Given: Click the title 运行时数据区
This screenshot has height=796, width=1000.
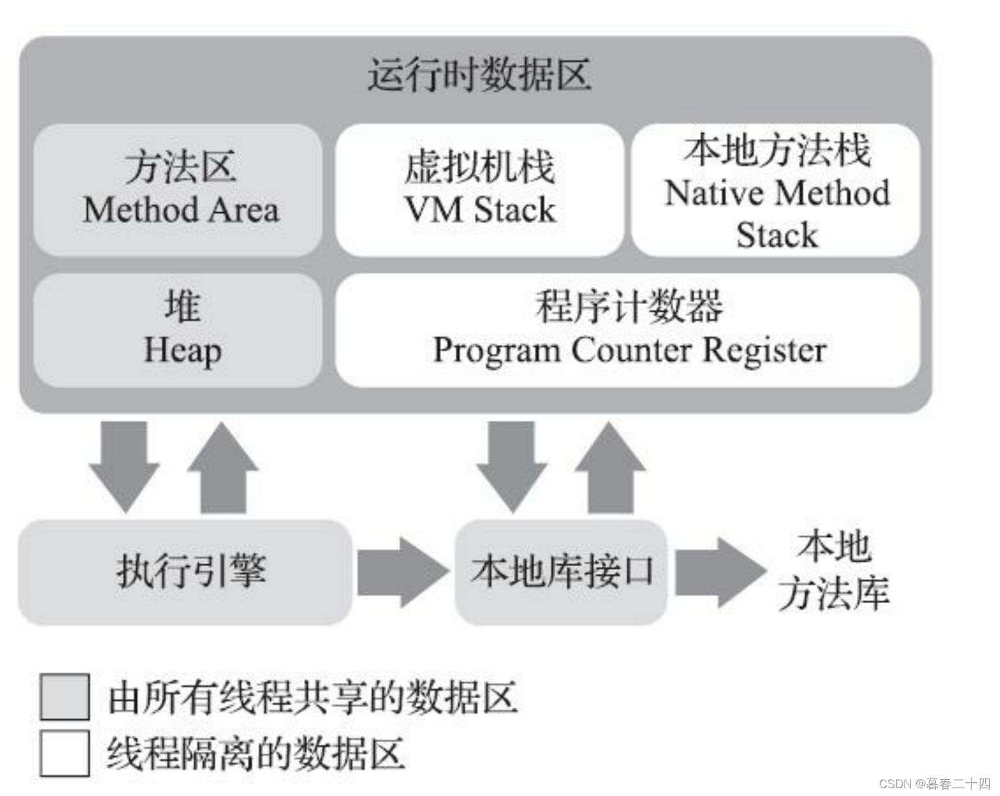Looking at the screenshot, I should (479, 75).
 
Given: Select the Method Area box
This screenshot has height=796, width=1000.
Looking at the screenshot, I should (178, 190).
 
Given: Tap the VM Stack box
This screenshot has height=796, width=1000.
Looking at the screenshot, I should (479, 190).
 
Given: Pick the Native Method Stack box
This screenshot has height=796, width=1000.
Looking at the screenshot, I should (775, 190).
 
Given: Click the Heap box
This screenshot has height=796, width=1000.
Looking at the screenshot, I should (178, 330).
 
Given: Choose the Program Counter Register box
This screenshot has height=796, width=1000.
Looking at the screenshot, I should (627, 330).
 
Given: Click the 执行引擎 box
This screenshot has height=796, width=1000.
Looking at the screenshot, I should (186, 572).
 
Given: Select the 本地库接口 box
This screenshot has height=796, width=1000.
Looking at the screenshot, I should (561, 572).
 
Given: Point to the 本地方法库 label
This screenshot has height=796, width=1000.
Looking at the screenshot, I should (834, 571).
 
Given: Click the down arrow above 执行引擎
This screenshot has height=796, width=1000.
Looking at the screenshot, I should (124, 464).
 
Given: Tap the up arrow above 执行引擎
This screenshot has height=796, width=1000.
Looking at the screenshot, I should (223, 467).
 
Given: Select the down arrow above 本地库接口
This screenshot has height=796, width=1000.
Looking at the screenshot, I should (512, 464).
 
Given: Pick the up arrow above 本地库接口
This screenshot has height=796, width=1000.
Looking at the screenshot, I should (610, 467).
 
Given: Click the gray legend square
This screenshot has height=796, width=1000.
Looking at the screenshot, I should (64, 697).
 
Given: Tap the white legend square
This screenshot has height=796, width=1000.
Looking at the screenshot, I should (64, 753).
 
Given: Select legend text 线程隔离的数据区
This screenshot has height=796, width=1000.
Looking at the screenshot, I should (256, 754).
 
